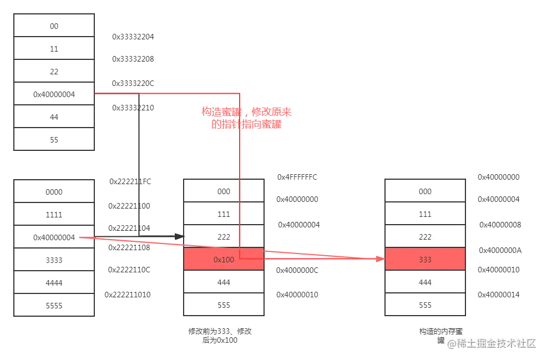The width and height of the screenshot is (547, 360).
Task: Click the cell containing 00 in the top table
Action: click(x=54, y=26)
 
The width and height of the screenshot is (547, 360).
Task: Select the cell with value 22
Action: click(x=54, y=71)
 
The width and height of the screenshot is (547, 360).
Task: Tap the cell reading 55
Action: click(x=54, y=140)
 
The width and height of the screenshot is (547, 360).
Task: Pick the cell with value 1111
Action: click(x=54, y=214)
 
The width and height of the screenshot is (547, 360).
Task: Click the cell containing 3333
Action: click(x=54, y=260)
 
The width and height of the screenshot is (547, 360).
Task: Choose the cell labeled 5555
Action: click(x=54, y=305)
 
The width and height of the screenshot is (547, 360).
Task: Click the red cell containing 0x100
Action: click(x=224, y=259)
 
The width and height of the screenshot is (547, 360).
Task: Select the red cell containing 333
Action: click(x=426, y=259)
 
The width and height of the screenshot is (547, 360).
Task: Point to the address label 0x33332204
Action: click(x=133, y=37)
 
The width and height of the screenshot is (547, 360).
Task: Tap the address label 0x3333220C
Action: click(x=133, y=83)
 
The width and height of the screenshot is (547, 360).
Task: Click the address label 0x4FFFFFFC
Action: click(x=297, y=177)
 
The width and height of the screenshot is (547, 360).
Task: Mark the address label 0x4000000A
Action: click(x=500, y=250)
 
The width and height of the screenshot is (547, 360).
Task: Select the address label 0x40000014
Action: click(x=499, y=295)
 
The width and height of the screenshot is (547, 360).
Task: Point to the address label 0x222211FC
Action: click(x=130, y=181)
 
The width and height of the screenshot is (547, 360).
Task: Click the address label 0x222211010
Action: click(x=128, y=295)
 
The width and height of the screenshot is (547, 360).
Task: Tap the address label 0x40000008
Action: click(x=500, y=225)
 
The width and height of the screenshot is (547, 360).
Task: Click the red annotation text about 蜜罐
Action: click(x=246, y=118)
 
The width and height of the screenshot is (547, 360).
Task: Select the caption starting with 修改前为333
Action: click(x=220, y=336)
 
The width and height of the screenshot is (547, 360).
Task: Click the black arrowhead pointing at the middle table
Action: click(x=180, y=236)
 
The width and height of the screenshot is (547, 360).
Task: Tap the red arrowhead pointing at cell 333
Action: click(x=381, y=259)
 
